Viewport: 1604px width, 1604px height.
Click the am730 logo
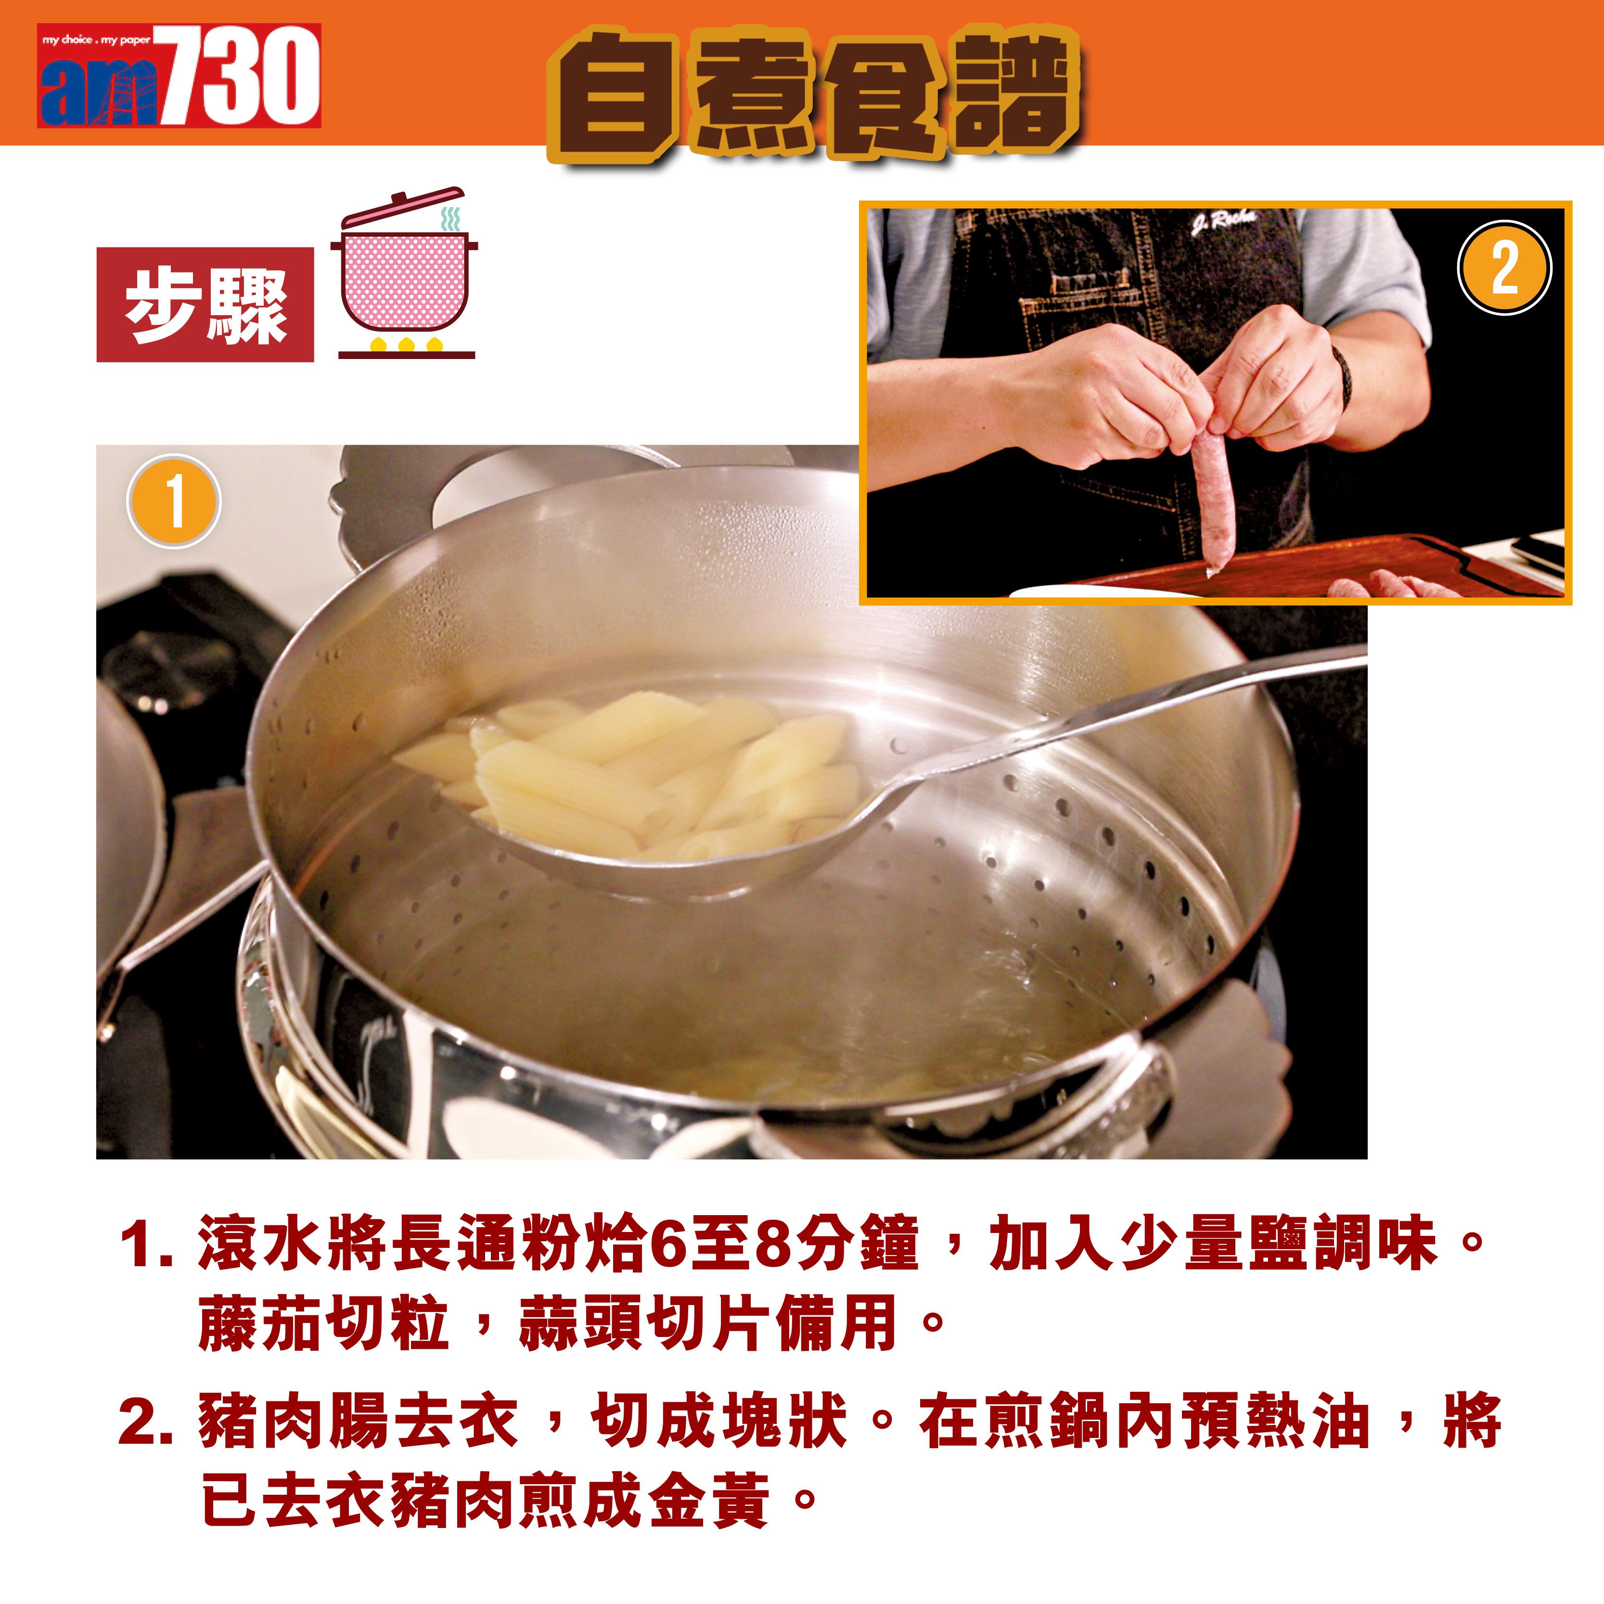pos(179,77)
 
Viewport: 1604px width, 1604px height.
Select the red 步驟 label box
pos(205,305)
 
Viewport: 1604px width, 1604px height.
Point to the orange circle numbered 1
pos(174,502)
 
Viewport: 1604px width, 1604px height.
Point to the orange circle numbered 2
pos(1503,268)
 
